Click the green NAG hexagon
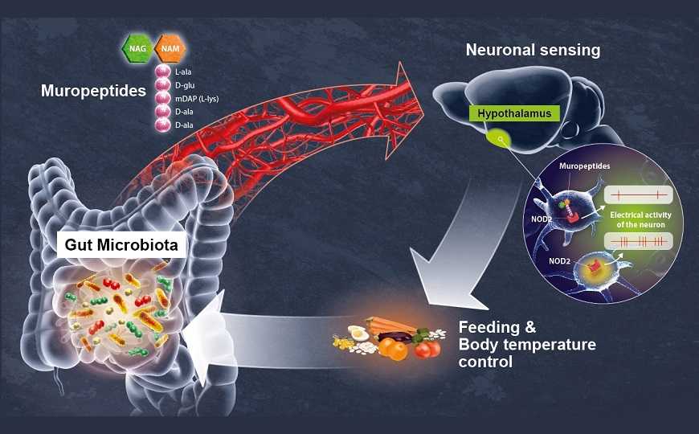137,48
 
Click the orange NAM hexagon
170,48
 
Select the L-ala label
183,72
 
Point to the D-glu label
185,84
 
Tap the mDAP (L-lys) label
197,99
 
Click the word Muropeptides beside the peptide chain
94,91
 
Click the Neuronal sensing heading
533,50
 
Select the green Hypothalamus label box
514,113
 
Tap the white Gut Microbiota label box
121,244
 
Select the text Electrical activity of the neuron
640,219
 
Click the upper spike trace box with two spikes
639,195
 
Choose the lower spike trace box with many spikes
639,242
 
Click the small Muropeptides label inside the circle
585,166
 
